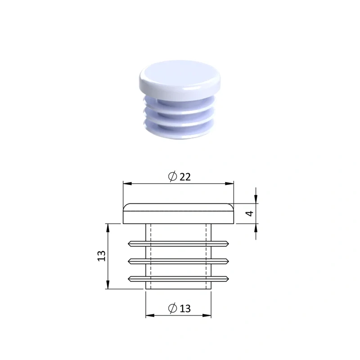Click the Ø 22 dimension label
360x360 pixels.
point(179,176)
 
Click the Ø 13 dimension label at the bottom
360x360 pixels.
point(179,308)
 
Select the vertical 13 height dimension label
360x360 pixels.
point(102,256)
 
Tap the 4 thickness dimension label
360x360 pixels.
point(250,213)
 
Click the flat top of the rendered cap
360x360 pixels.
point(180,73)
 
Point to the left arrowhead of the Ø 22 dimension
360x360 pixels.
point(128,184)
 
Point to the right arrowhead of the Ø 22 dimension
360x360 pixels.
point(229,184)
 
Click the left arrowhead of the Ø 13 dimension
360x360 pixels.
point(150,315)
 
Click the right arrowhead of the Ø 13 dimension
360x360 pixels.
point(207,315)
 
